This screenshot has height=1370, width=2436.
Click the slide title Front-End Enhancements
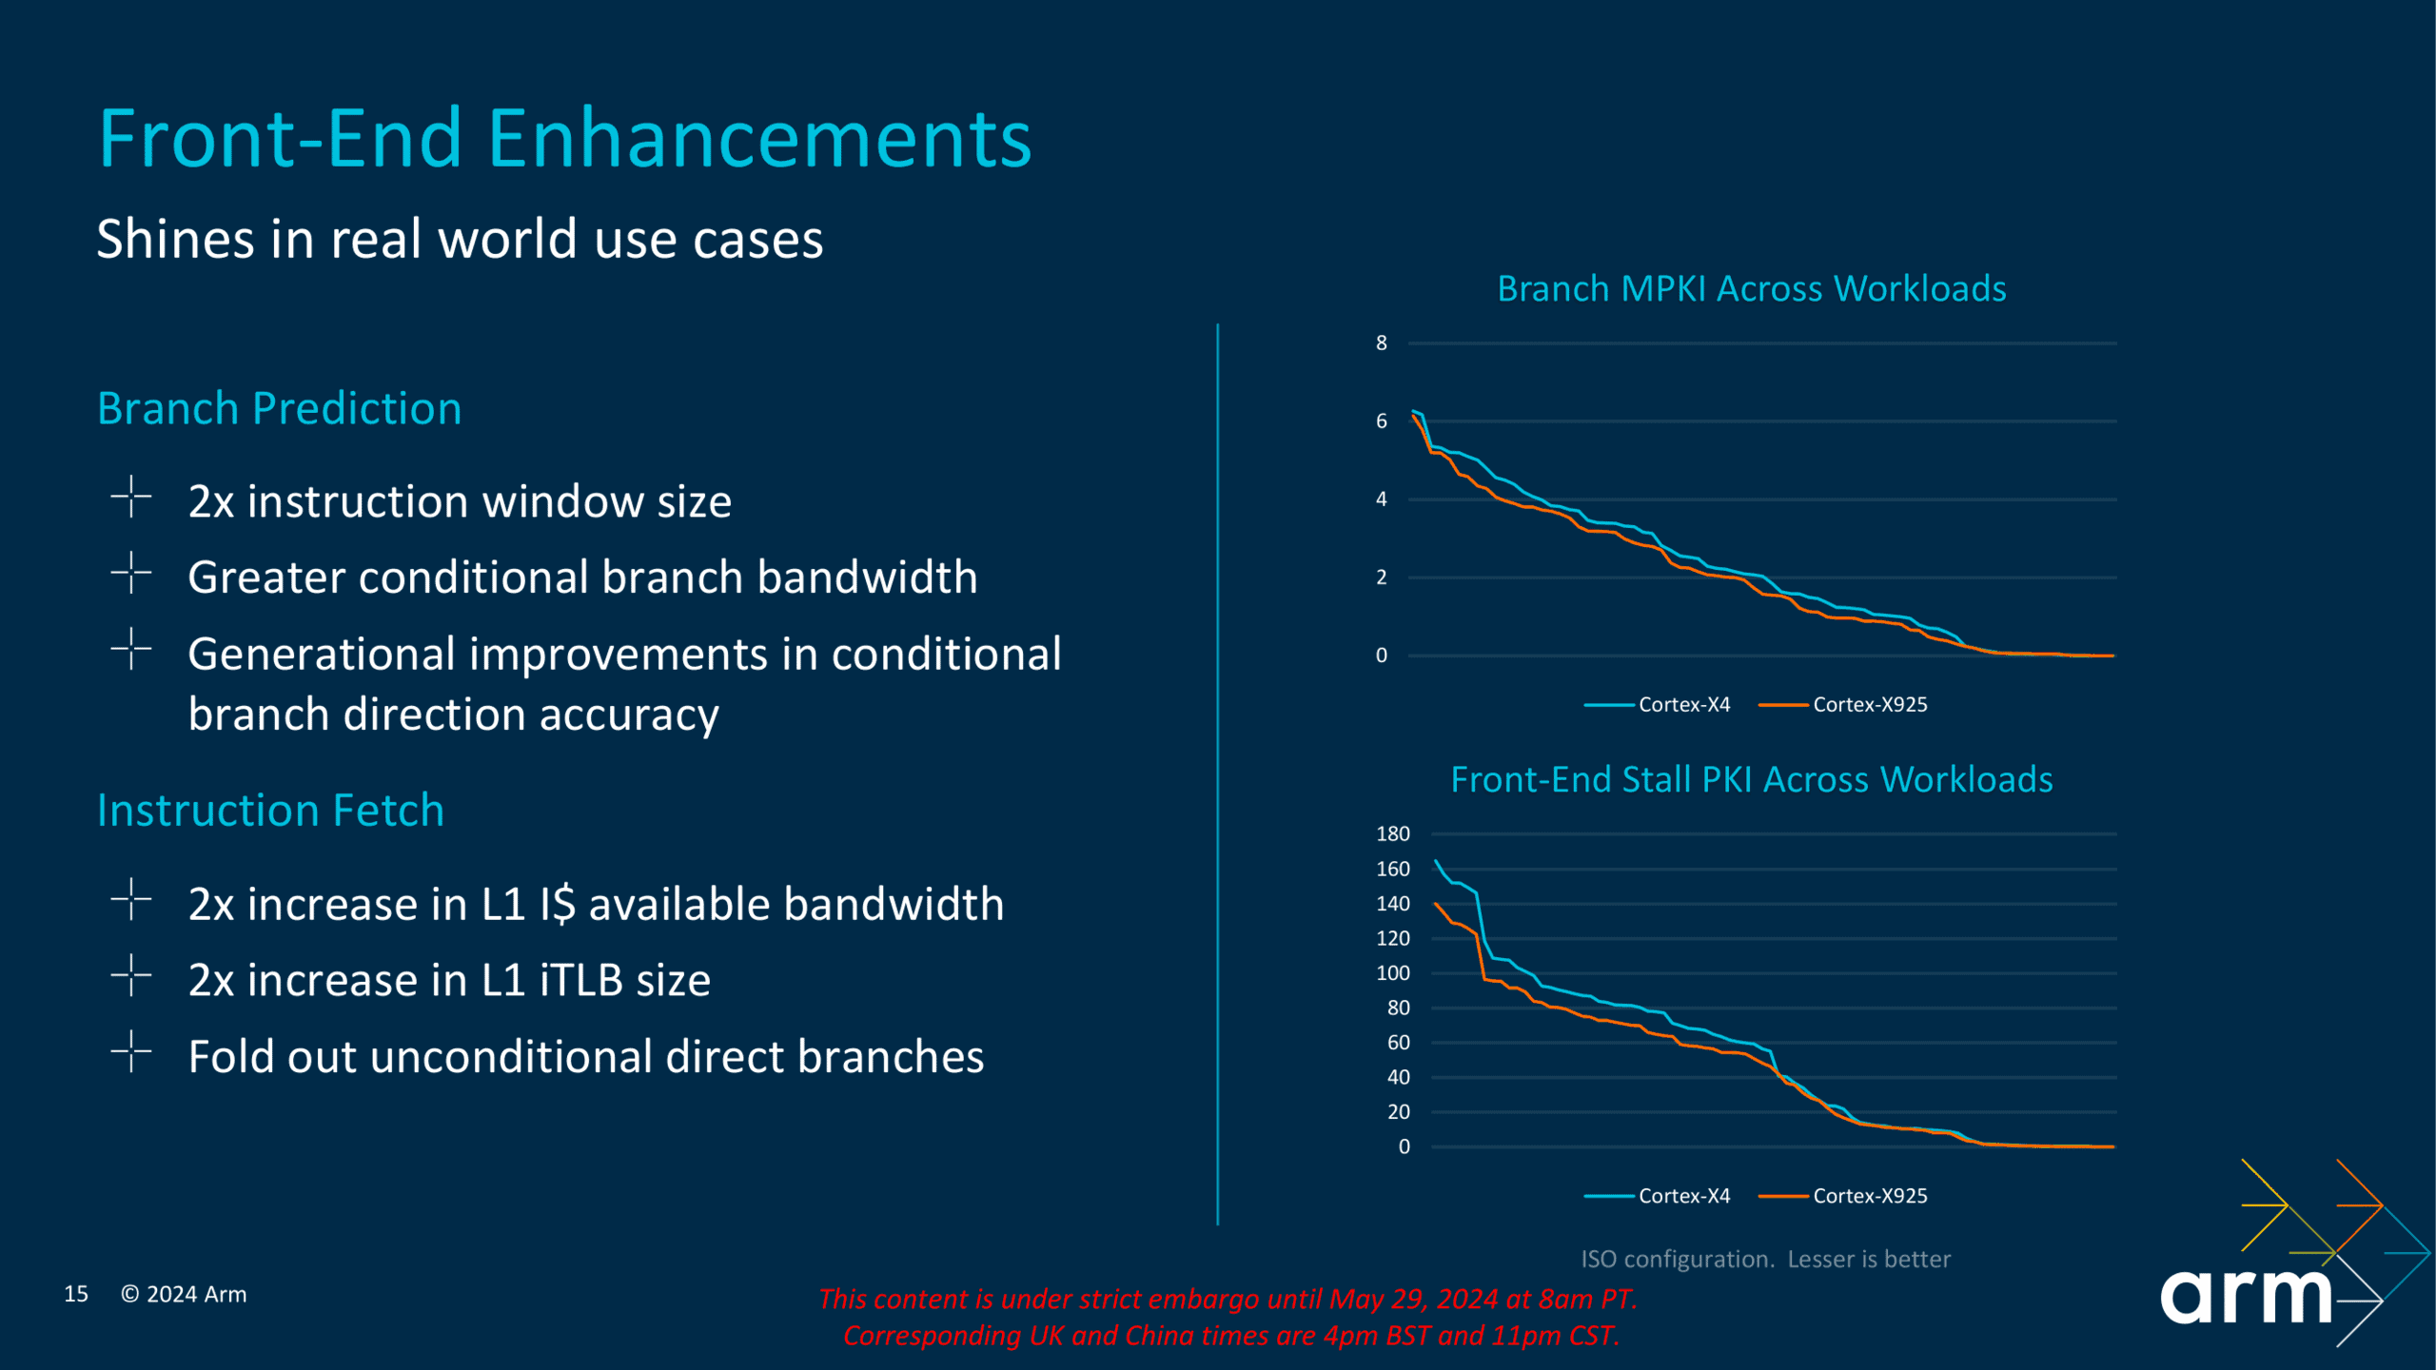565,139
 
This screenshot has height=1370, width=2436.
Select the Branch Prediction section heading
280,409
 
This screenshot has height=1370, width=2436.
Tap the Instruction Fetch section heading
271,811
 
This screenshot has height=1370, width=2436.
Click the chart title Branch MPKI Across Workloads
1752,288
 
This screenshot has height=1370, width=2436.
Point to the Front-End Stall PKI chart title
1752,779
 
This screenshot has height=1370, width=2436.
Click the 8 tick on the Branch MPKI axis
1382,342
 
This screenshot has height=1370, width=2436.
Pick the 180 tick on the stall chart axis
1393,833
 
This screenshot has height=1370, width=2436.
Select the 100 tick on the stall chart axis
1393,972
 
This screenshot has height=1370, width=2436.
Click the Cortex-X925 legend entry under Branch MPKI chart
1843,704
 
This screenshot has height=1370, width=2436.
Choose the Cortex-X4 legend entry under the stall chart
1658,1196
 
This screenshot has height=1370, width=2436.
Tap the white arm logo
2246,1296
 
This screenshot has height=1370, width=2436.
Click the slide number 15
76,1294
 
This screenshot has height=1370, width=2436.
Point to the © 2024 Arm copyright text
184,1294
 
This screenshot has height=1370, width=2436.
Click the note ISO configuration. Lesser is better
1766,1259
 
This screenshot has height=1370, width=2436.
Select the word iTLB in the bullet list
581,980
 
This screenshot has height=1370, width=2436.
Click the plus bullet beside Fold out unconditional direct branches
131,1051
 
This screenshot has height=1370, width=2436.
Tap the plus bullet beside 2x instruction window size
131,497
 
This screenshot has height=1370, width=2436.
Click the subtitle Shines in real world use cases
460,239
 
